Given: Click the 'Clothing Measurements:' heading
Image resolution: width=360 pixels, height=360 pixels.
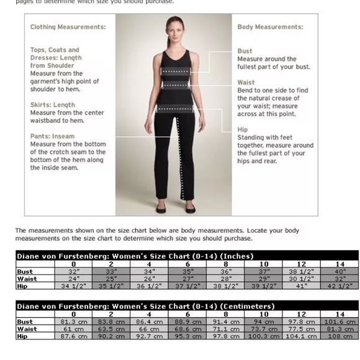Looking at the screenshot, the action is [x=68, y=27].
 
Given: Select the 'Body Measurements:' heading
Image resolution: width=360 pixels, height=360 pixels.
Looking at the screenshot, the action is [x=270, y=27].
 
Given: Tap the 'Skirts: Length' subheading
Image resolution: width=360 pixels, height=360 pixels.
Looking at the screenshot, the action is [x=53, y=105].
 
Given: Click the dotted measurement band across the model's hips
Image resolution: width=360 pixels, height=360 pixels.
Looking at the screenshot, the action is [x=178, y=109].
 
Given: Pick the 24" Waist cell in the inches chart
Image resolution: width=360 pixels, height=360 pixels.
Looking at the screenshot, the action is [x=74, y=279].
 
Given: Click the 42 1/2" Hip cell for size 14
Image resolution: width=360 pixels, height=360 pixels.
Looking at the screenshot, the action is [x=340, y=286].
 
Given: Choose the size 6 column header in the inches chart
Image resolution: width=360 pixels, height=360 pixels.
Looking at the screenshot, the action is [x=187, y=264].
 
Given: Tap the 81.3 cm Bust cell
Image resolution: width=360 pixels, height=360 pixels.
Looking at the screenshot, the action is [x=74, y=322].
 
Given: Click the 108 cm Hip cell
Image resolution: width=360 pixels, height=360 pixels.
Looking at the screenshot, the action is [x=340, y=336].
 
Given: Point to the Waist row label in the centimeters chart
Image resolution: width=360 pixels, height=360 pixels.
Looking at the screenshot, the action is [x=27, y=329].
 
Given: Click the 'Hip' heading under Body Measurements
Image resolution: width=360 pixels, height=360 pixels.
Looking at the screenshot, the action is [x=243, y=130].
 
